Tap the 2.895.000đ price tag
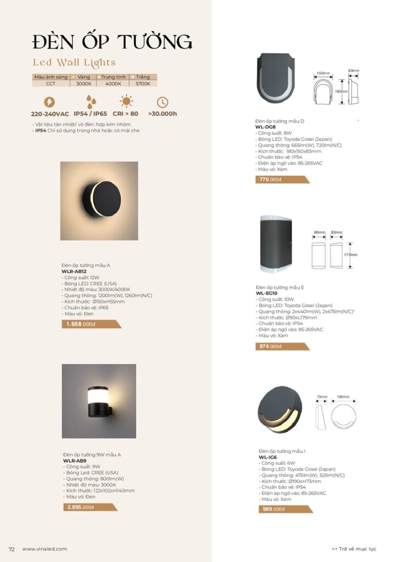80,507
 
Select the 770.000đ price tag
271,179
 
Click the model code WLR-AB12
74,272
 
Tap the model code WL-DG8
265,127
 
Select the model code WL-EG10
268,294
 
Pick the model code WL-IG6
268,457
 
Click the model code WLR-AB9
74,461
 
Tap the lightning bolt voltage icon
49,102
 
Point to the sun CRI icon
127,102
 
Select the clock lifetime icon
162,102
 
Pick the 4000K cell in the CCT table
114,84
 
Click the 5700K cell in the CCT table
143,84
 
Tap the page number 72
11,549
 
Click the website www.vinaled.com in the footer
44,549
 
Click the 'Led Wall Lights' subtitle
74,63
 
